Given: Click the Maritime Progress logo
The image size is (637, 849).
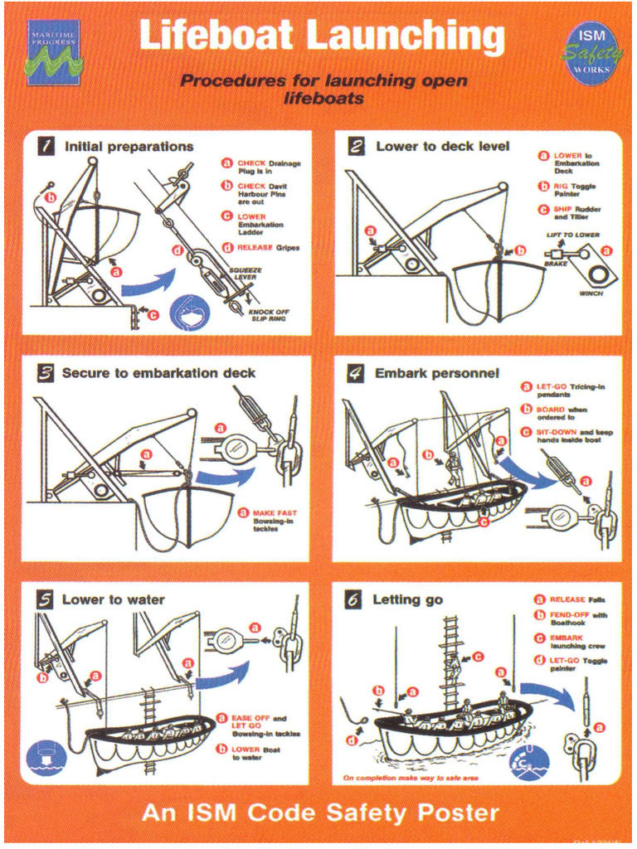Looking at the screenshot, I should coord(53,52).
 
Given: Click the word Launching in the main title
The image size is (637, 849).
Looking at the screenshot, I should coord(405,37).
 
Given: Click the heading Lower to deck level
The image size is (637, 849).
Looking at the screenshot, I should coord(442,147).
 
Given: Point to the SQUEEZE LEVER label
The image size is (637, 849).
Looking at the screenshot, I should coord(245,274).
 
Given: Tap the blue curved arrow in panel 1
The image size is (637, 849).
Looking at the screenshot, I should coord(149,284).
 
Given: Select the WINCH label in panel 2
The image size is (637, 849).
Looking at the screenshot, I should coord(591,294).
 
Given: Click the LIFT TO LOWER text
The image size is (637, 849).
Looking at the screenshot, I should coord(572,235).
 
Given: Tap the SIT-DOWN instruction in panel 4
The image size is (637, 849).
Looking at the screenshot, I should coord(569,437).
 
